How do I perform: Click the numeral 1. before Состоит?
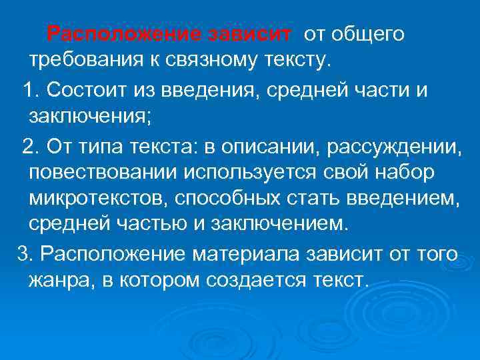(32, 89)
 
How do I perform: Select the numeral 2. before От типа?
(32, 145)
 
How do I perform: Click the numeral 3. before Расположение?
(24, 253)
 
